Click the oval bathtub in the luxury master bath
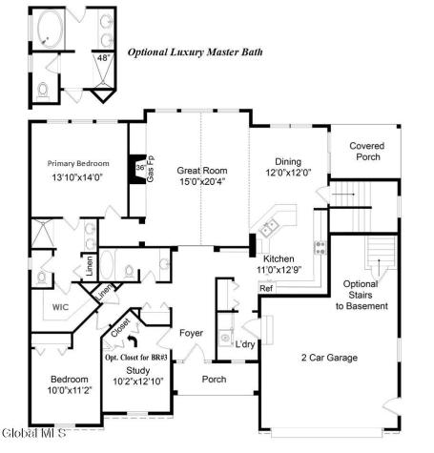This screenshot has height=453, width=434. point(48,34)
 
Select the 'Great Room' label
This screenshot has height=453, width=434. point(200,172)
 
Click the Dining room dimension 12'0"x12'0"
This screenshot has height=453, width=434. point(289,174)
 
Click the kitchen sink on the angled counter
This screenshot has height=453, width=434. point(270,228)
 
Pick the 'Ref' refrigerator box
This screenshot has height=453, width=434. point(266,287)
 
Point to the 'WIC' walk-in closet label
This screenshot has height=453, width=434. point(61,307)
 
